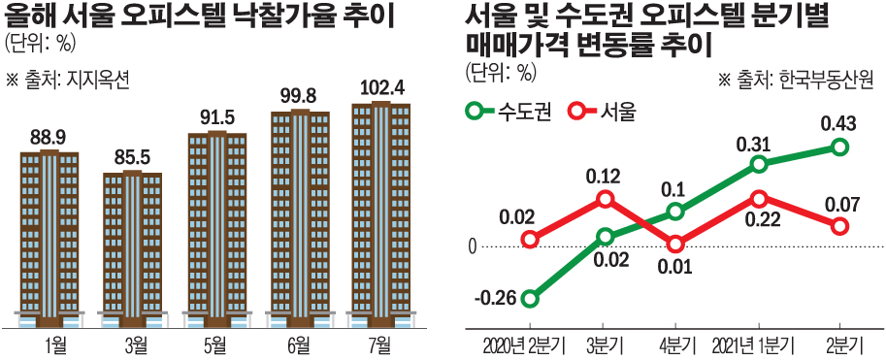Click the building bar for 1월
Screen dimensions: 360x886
(49, 238)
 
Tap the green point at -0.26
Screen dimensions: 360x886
(530, 298)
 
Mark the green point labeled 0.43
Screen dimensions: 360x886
(840, 147)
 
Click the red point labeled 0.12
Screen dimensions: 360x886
(606, 199)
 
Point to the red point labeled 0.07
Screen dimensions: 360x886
(840, 226)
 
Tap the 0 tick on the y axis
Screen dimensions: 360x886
(473, 246)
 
